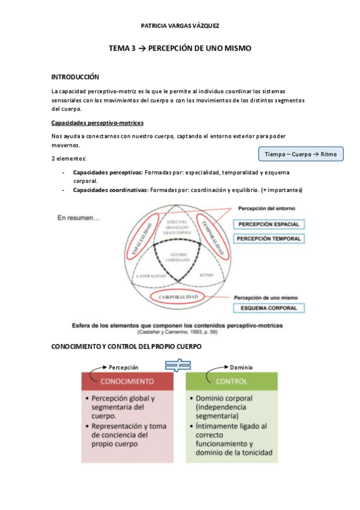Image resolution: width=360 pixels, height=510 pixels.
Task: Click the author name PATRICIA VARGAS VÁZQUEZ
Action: coord(180,26)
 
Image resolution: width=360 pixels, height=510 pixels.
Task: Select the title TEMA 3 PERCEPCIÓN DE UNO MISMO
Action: coord(180,48)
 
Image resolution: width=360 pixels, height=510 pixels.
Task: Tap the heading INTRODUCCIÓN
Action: coord(75,77)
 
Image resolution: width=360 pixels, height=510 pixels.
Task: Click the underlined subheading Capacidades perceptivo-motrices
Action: coord(98,123)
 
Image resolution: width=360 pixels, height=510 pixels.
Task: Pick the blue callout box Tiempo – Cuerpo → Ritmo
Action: coord(301,155)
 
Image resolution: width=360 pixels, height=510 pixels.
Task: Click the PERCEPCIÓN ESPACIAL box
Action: coord(269,224)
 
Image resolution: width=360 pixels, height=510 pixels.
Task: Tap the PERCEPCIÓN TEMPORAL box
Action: coord(269,239)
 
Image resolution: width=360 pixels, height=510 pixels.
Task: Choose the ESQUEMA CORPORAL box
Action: coord(269,309)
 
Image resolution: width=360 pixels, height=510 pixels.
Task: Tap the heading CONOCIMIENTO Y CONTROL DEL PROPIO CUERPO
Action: coord(126,348)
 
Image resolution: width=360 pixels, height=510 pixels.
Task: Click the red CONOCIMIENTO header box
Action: coord(127,381)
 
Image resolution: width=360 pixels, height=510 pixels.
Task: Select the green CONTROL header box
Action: coord(231,381)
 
